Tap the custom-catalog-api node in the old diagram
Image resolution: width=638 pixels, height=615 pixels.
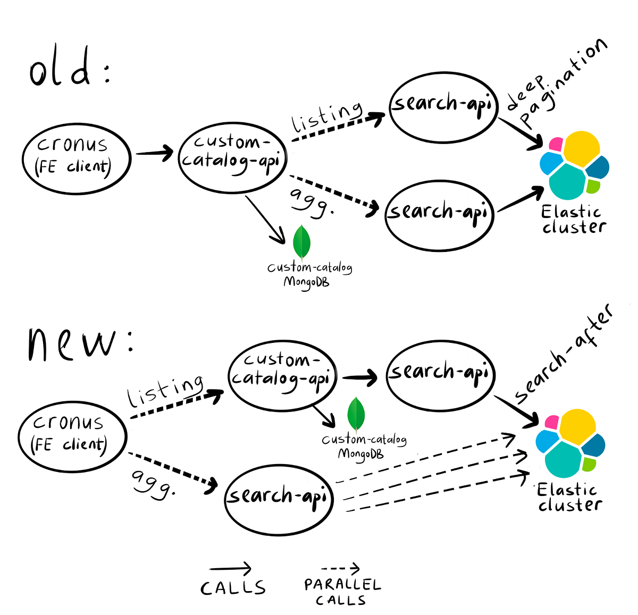[x=232, y=156]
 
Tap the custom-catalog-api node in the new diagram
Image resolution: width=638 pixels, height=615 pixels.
[x=282, y=375]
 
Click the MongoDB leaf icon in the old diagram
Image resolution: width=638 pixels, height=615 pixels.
[x=301, y=242]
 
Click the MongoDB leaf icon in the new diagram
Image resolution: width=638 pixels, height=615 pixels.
[x=356, y=414]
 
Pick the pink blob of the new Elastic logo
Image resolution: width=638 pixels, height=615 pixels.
[x=551, y=422]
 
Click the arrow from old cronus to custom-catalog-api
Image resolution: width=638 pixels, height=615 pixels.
[x=154, y=153]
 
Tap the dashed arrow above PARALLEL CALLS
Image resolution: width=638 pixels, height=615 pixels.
[x=340, y=569]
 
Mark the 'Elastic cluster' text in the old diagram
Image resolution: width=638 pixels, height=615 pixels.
[x=573, y=220]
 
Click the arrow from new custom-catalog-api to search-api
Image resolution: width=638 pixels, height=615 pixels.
[x=360, y=377]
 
